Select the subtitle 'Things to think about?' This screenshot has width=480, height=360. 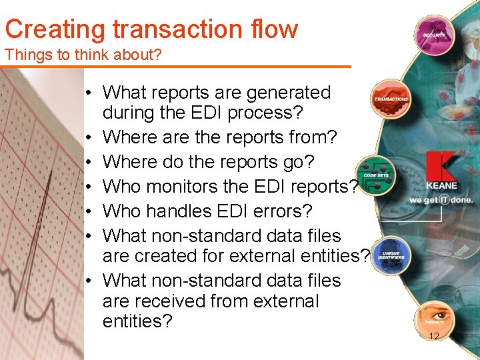(83, 55)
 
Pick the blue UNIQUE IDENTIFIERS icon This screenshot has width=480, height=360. (391, 255)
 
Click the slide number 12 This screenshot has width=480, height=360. (434, 337)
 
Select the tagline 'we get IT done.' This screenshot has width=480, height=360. (441, 199)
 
